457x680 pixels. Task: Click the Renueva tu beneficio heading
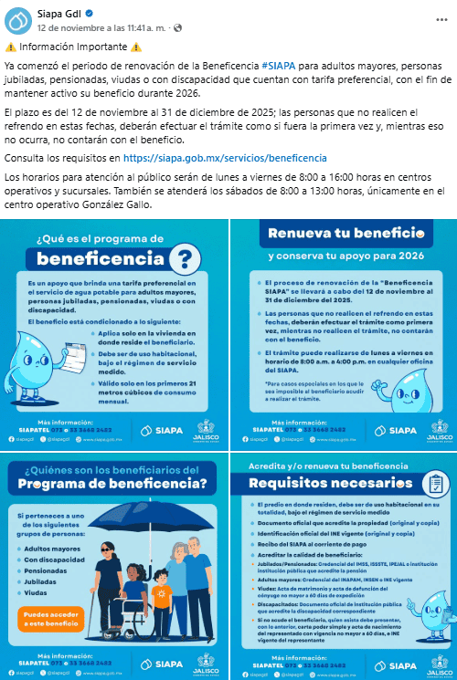point(342,234)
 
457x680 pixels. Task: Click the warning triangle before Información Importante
point(10,47)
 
